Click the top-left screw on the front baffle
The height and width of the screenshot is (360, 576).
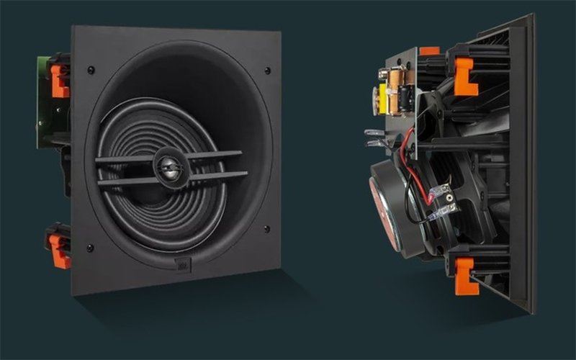tap(91, 70)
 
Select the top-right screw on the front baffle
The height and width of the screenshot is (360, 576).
tap(267, 70)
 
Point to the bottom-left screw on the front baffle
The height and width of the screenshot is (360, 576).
tap(90, 248)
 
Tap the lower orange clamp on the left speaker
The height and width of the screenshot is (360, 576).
tap(60, 248)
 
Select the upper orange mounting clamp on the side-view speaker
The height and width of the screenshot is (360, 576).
tap(464, 76)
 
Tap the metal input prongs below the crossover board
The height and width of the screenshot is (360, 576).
tap(375, 138)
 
